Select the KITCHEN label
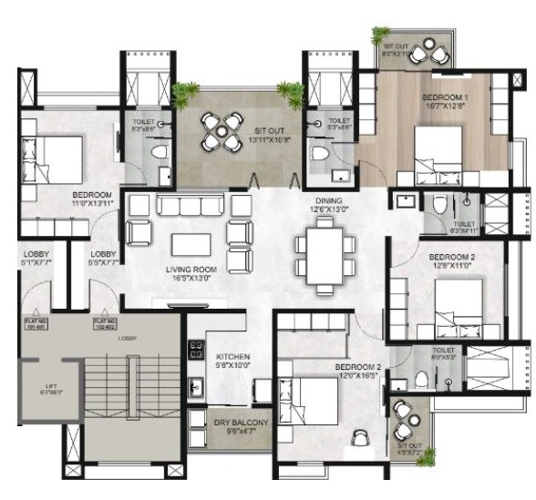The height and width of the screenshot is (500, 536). (232, 356)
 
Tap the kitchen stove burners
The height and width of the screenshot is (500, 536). (194, 349)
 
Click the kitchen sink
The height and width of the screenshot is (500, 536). (195, 387)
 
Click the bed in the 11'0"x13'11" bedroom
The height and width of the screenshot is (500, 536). (55, 152)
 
